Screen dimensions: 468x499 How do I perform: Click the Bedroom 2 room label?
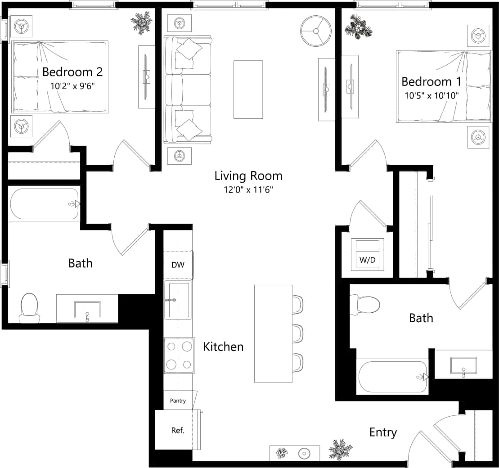coord(72,72)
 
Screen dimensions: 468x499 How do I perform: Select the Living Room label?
coord(248,175)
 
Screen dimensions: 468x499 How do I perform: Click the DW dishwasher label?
coord(178,265)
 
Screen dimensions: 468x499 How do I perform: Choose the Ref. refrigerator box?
coord(178,430)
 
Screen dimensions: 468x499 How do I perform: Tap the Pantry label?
coord(178,401)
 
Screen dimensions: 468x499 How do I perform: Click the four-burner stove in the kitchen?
coord(179,355)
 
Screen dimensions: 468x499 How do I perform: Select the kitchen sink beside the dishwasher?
coord(178,300)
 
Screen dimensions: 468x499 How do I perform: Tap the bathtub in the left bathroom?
coord(44,204)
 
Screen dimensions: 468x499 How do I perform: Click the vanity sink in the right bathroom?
coord(463,365)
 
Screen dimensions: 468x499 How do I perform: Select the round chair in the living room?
coord(316,31)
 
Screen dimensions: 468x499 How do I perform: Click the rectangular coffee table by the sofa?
coord(248,90)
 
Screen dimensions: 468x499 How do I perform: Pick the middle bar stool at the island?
coord(298,333)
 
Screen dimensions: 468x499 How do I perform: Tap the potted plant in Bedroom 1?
coord(359,27)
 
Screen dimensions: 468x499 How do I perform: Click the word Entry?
coord(383,432)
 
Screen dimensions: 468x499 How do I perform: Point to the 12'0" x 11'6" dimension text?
coord(248,189)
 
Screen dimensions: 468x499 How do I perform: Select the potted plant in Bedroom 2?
coord(142,22)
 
